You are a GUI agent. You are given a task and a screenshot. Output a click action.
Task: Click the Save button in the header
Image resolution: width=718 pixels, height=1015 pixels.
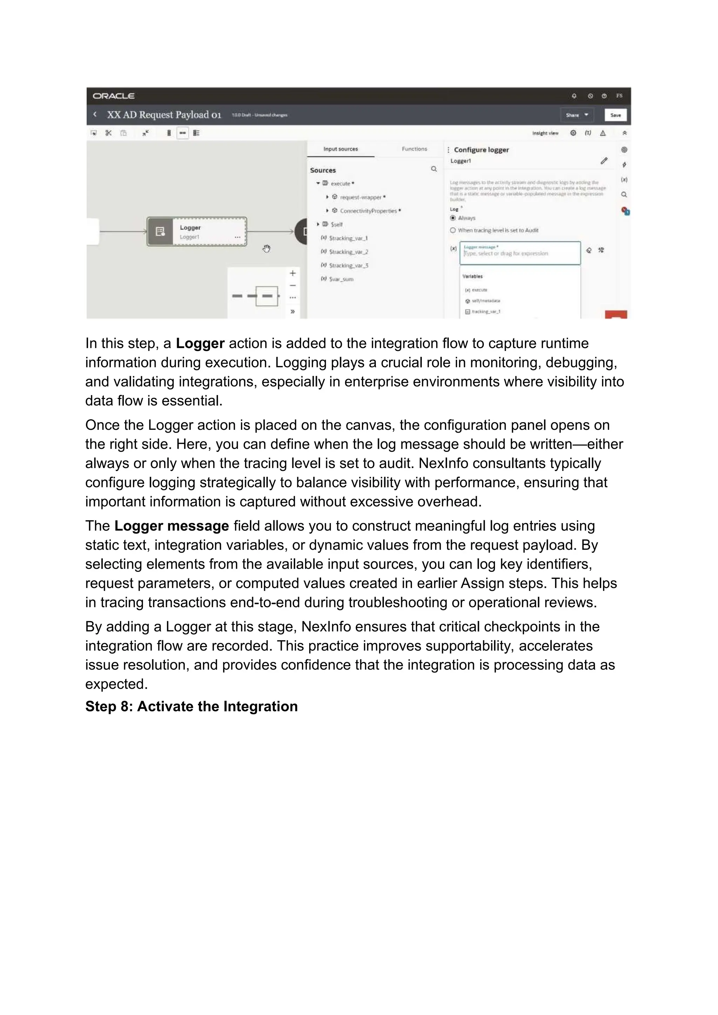coord(615,115)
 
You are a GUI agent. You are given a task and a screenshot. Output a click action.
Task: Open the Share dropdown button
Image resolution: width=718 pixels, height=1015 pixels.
coord(576,115)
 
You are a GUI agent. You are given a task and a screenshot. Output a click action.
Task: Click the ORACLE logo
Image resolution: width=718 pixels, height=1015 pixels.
coord(114,96)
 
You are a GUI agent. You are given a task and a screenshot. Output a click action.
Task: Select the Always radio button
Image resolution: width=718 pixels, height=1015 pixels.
coord(453,218)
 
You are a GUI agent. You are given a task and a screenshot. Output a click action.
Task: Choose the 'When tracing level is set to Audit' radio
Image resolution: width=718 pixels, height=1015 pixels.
coord(453,230)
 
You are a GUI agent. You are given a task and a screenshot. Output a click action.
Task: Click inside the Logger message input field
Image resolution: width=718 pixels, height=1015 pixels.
coord(520,254)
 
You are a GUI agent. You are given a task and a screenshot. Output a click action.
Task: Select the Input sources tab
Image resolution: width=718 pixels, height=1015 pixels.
coord(340,149)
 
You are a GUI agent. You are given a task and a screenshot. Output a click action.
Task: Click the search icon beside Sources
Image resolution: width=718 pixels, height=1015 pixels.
coord(434,169)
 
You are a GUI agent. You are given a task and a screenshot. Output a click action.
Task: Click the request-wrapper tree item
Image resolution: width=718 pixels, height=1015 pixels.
coord(360,197)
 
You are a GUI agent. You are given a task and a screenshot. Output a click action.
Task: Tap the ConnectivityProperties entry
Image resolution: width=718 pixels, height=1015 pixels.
coord(368,211)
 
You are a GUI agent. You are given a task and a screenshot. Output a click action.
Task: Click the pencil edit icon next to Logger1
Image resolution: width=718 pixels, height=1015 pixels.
coord(604,161)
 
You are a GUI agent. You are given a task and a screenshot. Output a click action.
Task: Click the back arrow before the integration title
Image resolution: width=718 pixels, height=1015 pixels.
coord(95,115)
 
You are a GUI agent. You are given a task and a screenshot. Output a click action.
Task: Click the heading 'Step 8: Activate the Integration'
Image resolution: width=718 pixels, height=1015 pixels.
coord(191,706)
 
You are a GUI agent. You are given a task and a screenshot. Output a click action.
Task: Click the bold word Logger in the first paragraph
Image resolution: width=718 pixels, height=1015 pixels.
coord(200,344)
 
